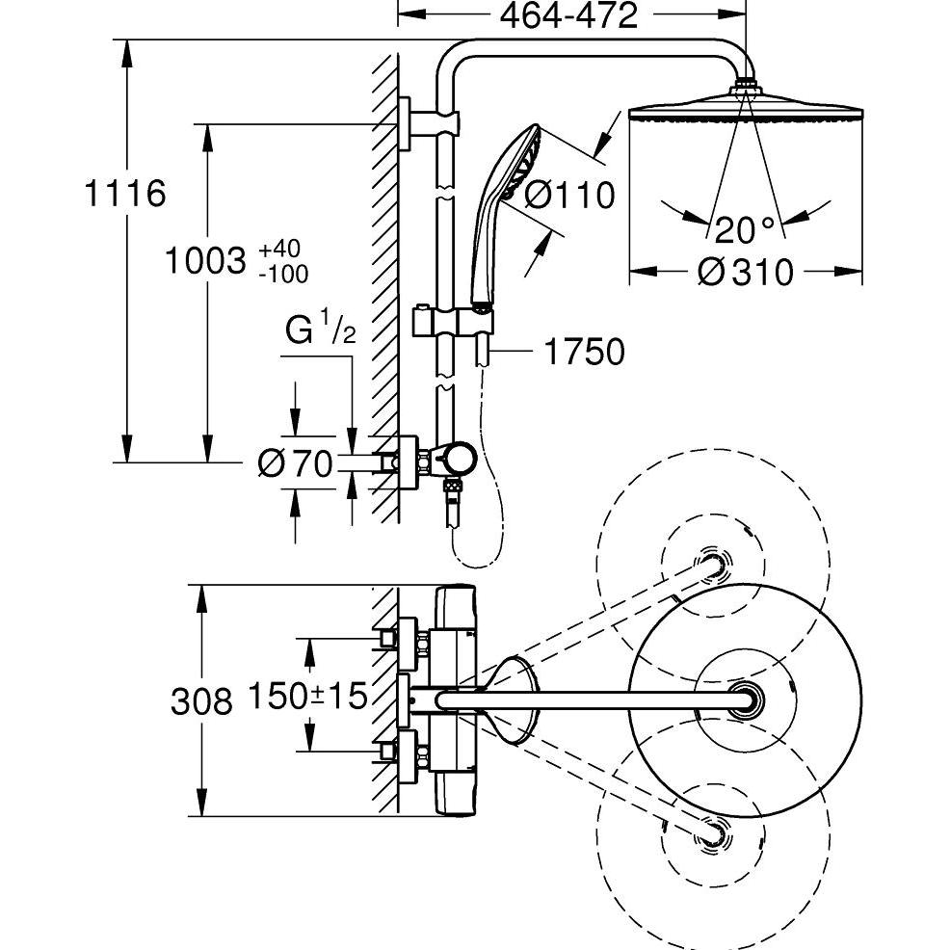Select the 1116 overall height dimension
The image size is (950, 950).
click(x=124, y=194)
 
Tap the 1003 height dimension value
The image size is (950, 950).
click(x=205, y=261)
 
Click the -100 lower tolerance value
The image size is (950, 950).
click(x=283, y=275)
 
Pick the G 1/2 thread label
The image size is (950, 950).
click(x=320, y=330)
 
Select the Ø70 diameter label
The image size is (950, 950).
click(x=295, y=464)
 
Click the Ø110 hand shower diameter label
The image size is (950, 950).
click(x=569, y=196)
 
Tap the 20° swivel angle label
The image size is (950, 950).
click(x=744, y=228)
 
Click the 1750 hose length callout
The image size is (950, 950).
click(x=584, y=352)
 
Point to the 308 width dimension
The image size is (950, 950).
click(x=202, y=701)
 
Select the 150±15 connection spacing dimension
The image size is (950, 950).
click(x=308, y=696)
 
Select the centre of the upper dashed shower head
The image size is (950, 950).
click(x=714, y=565)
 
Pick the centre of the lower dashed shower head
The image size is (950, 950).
click(x=714, y=830)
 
